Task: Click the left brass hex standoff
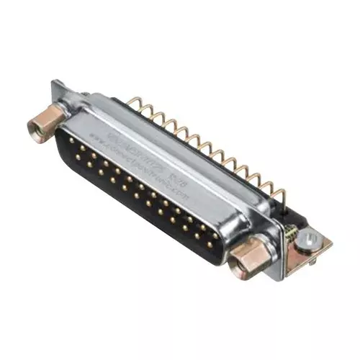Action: [41, 124]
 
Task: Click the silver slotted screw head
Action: [311, 238]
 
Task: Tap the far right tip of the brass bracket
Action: [330, 241]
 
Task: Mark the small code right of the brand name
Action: [175, 170]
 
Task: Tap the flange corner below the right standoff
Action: [270, 277]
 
